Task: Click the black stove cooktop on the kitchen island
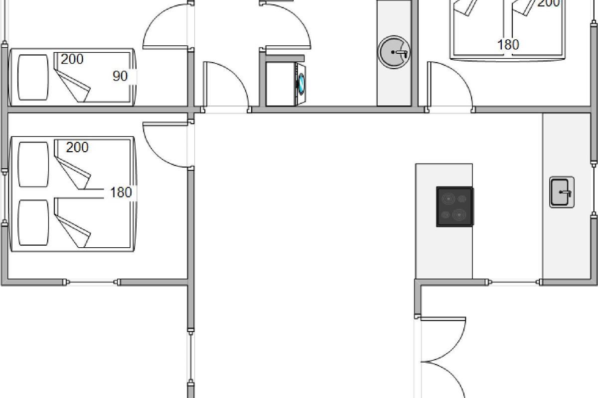coord(455,206)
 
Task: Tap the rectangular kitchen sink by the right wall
coord(562,192)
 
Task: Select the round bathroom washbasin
coord(394,52)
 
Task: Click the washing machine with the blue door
coord(286,84)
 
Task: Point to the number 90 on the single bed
coord(120,76)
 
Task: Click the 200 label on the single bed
coord(72,59)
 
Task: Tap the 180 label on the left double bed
coord(121,192)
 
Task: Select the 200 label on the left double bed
coord(77,147)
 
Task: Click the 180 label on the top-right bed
coord(508,44)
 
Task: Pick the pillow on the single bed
coord(33,77)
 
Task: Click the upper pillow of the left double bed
coord(33,165)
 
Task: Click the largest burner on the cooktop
coord(459,214)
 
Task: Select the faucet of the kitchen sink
coord(566,193)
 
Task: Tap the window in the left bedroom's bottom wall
coord(92,282)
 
